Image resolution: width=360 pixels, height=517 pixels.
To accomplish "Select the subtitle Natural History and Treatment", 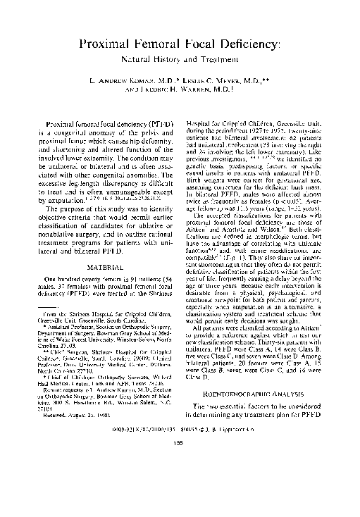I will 180,61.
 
